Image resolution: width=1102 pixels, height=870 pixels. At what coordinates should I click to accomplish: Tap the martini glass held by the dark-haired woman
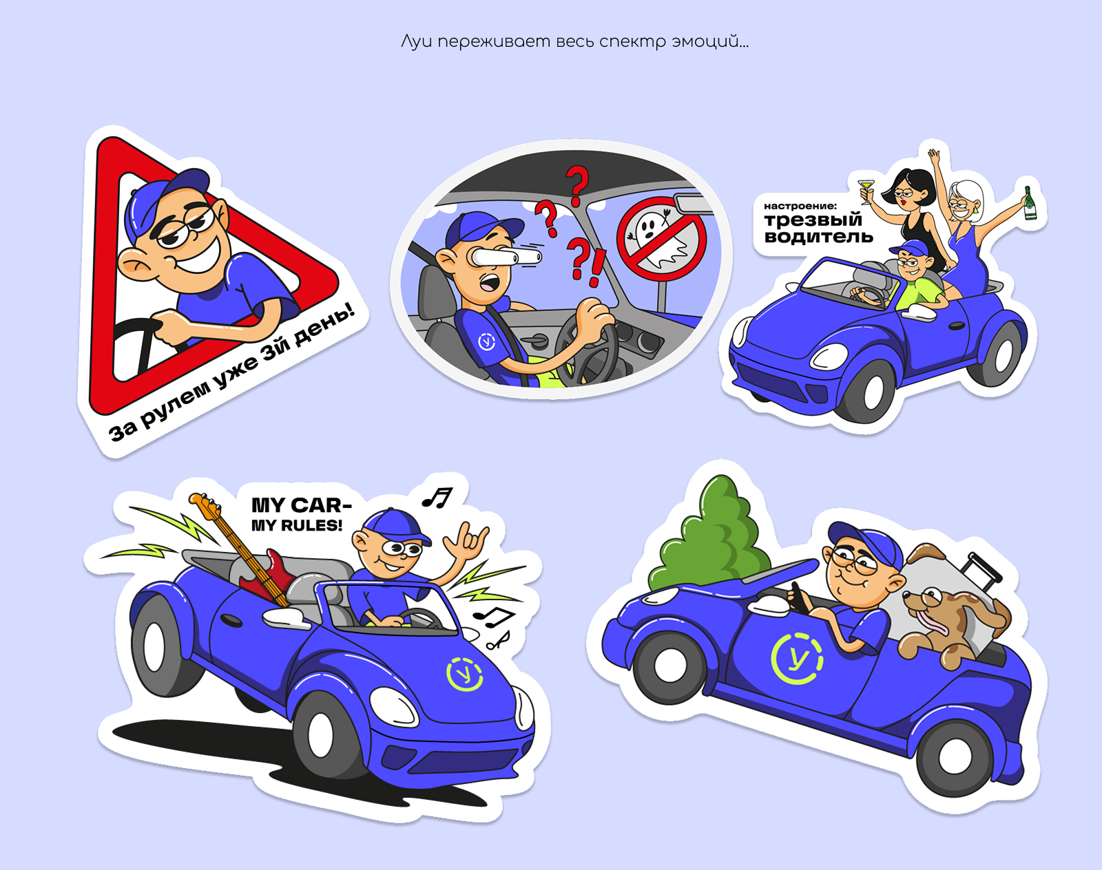click(866, 191)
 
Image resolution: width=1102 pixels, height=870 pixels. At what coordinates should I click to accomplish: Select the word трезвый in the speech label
click(813, 220)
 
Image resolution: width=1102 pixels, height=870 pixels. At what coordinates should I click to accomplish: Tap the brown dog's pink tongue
click(931, 620)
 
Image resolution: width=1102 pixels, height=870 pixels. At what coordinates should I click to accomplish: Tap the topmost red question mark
click(576, 185)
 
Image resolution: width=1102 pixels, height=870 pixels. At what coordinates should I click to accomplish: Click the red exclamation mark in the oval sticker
click(598, 267)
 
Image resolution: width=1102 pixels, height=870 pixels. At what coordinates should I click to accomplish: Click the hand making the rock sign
click(466, 542)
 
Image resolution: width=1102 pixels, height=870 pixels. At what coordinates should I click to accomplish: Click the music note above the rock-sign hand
click(437, 497)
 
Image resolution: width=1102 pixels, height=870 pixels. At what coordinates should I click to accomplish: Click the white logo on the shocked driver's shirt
click(486, 342)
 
